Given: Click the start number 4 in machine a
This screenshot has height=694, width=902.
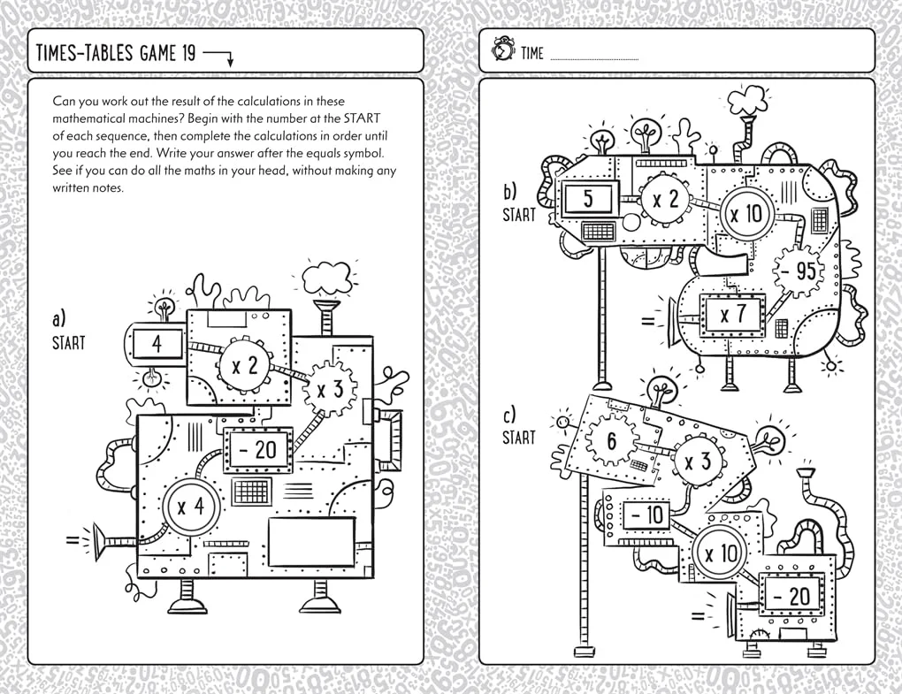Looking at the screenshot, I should point(157,343).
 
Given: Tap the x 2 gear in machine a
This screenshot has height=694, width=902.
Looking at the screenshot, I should point(244,365).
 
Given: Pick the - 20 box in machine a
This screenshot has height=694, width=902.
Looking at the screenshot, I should point(256,450).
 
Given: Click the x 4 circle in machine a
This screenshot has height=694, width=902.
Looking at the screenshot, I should point(191,507).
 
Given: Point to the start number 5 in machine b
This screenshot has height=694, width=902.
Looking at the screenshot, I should point(588,200).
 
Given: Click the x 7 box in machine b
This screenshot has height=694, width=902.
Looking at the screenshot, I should point(733,314).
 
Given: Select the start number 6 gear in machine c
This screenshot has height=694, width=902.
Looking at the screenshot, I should point(611,439).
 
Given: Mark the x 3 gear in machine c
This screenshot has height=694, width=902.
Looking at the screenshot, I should point(699,461).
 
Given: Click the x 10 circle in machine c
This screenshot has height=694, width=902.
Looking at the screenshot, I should point(721,554).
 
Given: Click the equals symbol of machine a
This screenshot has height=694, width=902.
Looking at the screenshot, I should point(70,538).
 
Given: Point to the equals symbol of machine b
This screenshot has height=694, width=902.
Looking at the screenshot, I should point(649,320).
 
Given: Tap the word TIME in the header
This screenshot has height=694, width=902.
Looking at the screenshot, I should point(532,54).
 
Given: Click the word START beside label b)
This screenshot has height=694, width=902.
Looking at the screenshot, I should point(519,214).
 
